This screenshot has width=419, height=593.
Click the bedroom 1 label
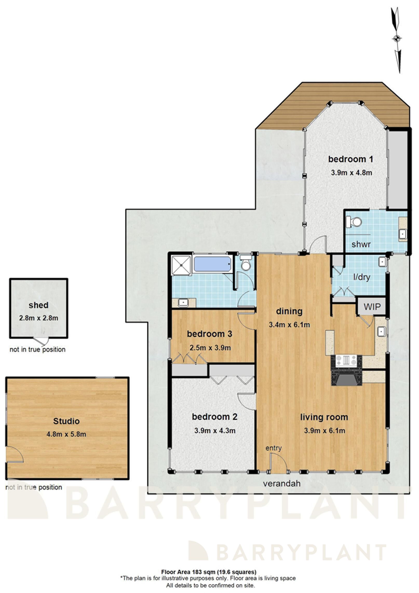click(x=350, y=159)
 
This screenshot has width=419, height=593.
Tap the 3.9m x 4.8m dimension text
click(x=351, y=173)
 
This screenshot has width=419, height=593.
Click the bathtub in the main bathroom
click(x=213, y=264)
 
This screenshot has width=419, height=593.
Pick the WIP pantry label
click(x=372, y=307)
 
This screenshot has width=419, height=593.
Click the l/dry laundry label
click(x=362, y=277)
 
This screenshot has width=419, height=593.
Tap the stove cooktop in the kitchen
click(x=346, y=361)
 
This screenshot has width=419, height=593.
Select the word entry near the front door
click(x=273, y=448)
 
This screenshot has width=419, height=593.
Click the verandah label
click(x=282, y=483)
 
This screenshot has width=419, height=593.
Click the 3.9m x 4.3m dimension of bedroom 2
click(x=215, y=431)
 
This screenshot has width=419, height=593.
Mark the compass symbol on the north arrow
click(x=396, y=39)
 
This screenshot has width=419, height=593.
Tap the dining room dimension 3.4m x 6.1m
click(x=289, y=325)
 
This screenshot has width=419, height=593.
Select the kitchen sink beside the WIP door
click(x=381, y=332)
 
